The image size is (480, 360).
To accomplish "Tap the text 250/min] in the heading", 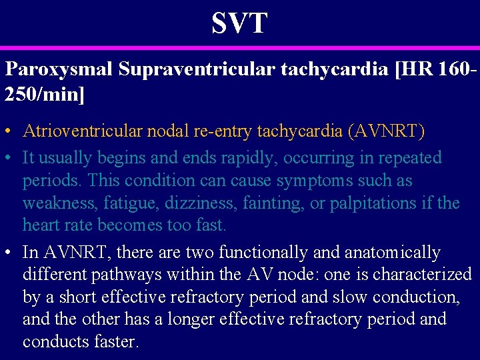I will point(45,94).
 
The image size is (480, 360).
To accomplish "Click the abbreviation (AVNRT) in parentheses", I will point(386,131).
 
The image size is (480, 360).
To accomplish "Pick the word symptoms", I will point(317,181).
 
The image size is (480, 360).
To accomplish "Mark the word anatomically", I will point(393,253).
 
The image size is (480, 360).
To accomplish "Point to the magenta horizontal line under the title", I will point(239,48).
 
